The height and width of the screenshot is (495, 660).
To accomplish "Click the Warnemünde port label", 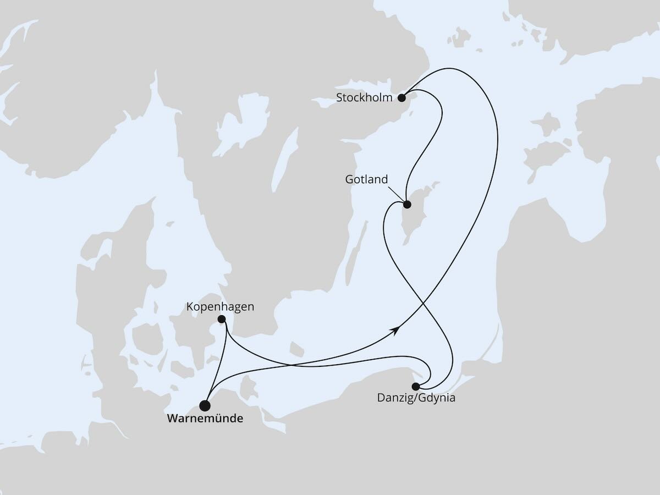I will [x=205, y=419].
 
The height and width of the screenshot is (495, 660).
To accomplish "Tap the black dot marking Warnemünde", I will [x=205, y=406].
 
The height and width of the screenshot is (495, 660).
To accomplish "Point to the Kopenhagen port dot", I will [x=222, y=319].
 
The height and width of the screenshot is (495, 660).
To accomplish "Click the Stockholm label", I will [x=365, y=98].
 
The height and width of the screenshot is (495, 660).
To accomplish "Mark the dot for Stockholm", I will [x=402, y=98].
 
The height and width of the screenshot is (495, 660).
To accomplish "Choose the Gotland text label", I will [x=366, y=180].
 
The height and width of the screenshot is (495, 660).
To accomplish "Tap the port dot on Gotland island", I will [x=407, y=205].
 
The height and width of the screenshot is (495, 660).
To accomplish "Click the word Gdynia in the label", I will [x=437, y=398].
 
